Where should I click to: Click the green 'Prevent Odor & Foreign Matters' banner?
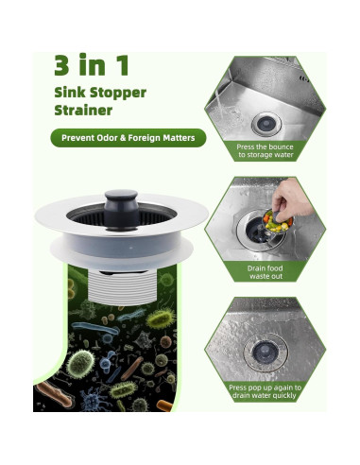click(129, 138)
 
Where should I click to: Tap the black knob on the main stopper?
click(121, 202)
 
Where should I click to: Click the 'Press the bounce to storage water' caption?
click(265, 151)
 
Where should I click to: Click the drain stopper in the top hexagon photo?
click(265, 123)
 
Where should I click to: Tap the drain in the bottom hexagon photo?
click(261, 351)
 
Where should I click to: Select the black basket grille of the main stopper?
click(94, 214)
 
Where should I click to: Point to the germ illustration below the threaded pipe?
click(113, 359)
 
